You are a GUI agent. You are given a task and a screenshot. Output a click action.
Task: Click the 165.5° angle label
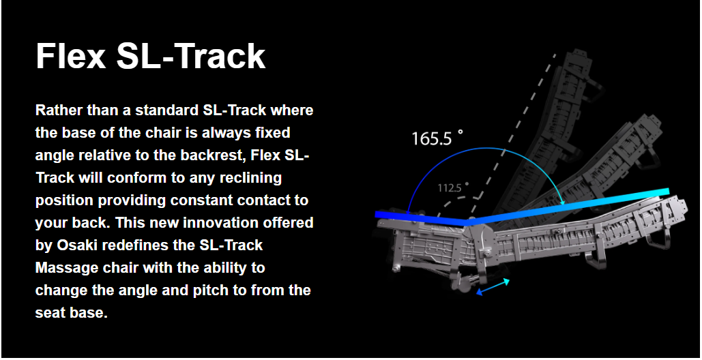[x=437, y=138]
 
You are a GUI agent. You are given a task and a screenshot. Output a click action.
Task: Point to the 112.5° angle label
[x=454, y=187]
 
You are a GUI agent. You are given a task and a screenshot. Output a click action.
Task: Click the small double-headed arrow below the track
[x=493, y=286]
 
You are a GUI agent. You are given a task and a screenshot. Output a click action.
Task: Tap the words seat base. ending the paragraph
[x=72, y=312]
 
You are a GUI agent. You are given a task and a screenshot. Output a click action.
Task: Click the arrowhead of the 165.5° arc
[x=563, y=202]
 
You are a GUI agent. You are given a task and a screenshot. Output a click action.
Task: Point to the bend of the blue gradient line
[x=467, y=222]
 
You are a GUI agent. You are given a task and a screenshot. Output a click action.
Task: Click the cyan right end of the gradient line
[x=666, y=192]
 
